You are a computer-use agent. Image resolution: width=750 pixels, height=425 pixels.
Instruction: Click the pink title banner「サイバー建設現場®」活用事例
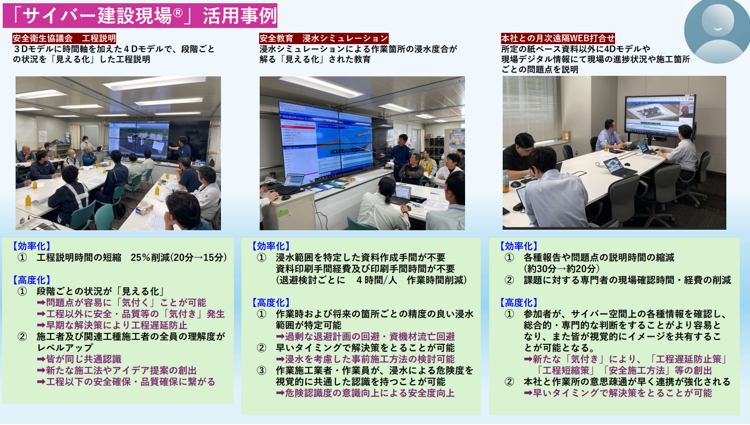[x=140, y=16]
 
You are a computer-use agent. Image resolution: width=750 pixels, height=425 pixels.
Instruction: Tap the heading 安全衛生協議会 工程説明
[x=65, y=39]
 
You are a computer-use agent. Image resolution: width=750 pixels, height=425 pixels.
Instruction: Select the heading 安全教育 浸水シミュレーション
[x=324, y=39]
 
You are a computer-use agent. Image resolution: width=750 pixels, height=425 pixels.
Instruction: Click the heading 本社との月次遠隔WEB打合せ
[x=558, y=39]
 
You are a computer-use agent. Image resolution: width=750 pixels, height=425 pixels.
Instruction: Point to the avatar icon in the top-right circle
[x=717, y=31]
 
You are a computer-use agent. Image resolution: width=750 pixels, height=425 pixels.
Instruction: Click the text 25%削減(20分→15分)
[x=179, y=258]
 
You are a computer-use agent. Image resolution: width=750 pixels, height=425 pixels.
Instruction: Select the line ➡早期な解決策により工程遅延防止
[x=112, y=325]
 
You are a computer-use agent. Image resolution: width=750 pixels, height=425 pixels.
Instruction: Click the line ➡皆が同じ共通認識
[x=79, y=359]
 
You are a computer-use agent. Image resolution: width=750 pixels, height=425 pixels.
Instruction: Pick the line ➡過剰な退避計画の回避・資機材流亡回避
[x=365, y=337]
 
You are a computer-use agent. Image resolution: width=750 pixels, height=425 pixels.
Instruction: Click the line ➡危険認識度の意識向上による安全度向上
[x=365, y=393]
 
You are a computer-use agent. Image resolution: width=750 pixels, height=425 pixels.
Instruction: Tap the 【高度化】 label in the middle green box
[x=270, y=303]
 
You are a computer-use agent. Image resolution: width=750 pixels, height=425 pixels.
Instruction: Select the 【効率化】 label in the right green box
[x=518, y=246]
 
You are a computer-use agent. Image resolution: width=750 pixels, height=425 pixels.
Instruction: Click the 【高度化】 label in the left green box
[x=32, y=280]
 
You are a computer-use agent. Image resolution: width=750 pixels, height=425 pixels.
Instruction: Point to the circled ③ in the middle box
[x=261, y=371]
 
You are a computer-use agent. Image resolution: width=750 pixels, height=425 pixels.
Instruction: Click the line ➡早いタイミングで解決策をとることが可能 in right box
[x=618, y=393]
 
